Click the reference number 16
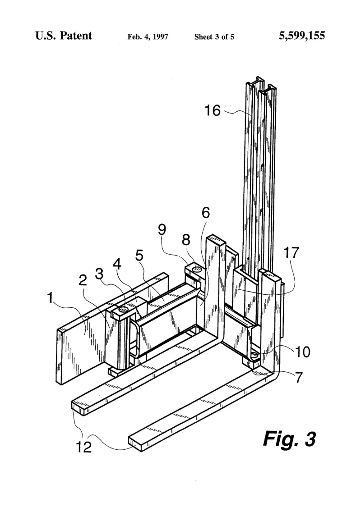(x=213, y=110)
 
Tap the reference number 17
(x=292, y=252)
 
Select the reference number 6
(x=206, y=213)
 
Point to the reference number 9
(x=162, y=229)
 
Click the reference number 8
(x=186, y=240)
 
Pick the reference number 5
(x=139, y=255)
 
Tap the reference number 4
(x=117, y=264)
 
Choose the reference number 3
(x=99, y=274)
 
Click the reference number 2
(x=83, y=280)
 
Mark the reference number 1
(x=51, y=298)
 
